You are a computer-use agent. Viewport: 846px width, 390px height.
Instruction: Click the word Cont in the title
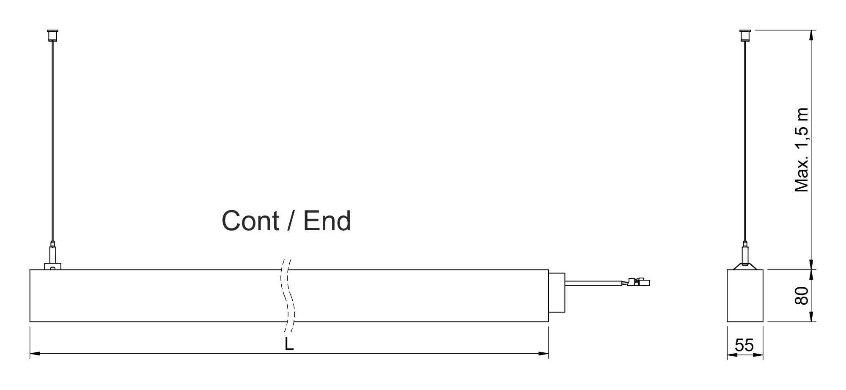point(250,221)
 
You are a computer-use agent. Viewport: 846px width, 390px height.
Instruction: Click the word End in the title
point(327,221)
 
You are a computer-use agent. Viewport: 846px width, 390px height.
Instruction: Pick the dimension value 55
point(744,345)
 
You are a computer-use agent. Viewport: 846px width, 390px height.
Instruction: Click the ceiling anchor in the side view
point(52,35)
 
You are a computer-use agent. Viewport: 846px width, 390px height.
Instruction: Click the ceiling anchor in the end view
point(745,35)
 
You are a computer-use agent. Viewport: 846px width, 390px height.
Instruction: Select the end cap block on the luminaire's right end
point(557,293)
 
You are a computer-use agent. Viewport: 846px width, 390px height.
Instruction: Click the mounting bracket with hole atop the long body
point(53,267)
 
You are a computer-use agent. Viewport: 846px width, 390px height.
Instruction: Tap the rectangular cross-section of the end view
point(745,295)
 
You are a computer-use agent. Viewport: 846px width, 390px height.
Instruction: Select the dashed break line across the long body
point(288,295)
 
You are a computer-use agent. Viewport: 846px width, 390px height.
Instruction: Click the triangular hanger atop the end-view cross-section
point(745,266)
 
